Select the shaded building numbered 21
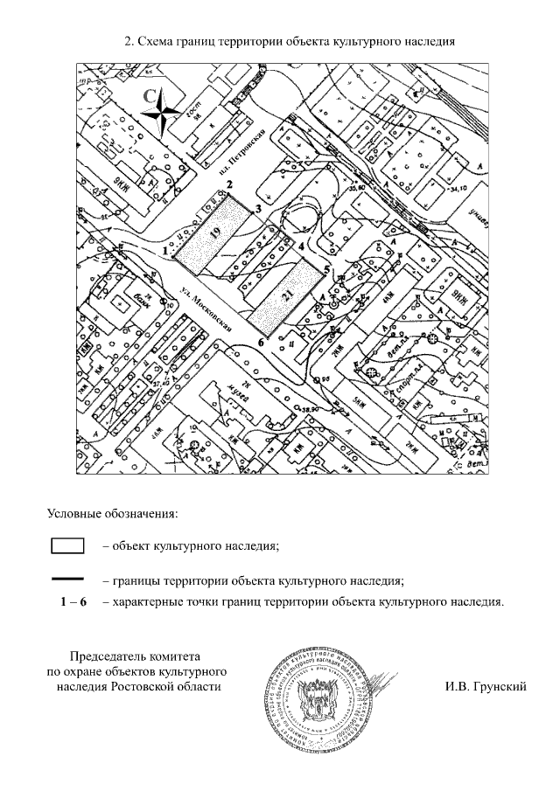(284, 295)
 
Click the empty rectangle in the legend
(66, 546)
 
